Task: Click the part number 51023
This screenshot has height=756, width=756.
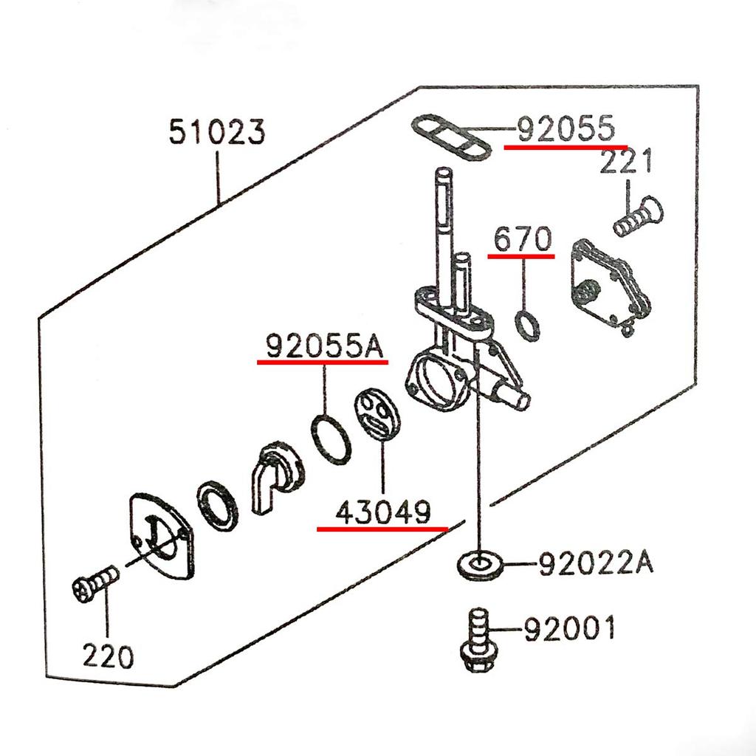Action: pos(216,134)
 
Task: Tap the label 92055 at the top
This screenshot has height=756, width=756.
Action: pos(565,129)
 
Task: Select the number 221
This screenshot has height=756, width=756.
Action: pos(626,161)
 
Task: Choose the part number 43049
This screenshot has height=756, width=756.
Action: pos(383,512)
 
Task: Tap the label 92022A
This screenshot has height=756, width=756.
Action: pos(595,565)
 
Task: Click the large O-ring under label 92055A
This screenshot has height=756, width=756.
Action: pos(331,439)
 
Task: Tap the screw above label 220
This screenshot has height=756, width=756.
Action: pos(95,580)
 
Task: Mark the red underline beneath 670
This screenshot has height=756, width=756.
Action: pos(521,256)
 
